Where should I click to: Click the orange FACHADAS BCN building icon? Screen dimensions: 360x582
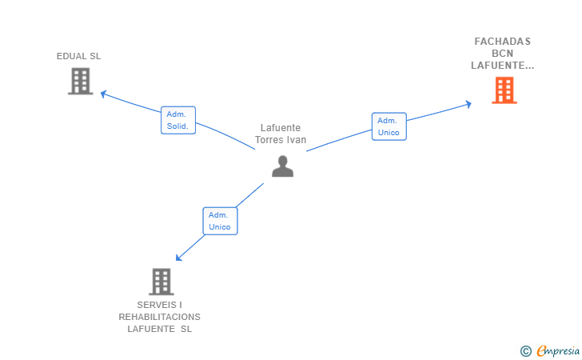coord(504,90)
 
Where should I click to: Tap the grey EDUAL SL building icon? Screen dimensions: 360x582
coord(80,81)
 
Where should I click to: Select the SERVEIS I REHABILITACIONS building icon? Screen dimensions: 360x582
coord(161,282)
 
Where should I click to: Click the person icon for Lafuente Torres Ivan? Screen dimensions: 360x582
coord(282,166)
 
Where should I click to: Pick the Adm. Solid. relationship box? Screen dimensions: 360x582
coord(178,120)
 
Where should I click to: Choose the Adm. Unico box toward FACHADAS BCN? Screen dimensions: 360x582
coord(389,126)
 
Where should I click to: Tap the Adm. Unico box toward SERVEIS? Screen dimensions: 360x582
coord(220,221)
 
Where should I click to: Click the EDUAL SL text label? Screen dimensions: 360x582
coord(78,56)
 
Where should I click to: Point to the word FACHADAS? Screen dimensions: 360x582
coord(502,41)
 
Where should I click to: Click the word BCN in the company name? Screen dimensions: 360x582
coord(502,54)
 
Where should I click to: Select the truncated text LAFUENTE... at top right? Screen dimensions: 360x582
coord(502,66)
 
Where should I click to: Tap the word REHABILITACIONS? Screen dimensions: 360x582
coord(160,317)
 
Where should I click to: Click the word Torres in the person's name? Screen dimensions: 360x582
coord(269,140)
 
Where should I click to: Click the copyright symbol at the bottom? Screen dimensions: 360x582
coord(525,350)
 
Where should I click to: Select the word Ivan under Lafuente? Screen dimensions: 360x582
coord(297,140)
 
